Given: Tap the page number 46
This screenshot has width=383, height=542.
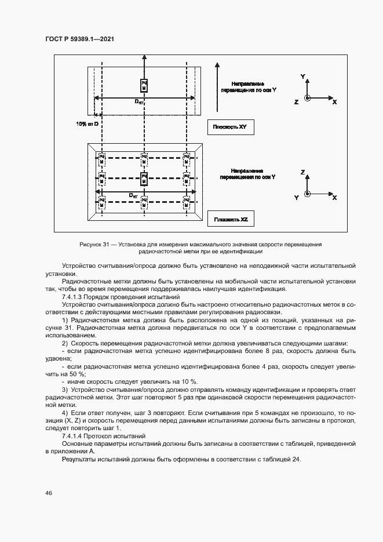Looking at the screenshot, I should click(48, 493).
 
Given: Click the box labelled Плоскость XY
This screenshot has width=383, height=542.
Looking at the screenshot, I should click(230, 127).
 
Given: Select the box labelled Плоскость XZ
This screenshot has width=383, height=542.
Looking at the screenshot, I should click(230, 220).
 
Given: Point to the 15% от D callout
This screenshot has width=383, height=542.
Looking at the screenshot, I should click(88, 124).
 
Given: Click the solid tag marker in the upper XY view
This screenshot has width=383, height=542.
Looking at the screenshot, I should click(144, 85).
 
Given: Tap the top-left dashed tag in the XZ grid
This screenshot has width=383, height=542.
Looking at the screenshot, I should click(101, 159).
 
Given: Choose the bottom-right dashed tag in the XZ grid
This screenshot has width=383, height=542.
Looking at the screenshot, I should click(186, 202).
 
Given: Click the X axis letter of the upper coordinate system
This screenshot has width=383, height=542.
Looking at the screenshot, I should click(335, 101).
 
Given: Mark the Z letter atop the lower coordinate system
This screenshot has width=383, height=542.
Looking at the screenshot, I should click(303, 173).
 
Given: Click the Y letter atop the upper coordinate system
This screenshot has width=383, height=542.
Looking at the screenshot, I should click(303, 77).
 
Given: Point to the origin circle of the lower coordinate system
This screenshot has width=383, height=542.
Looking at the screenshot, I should click(307, 194).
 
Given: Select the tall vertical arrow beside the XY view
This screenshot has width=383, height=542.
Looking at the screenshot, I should click(215, 86).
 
